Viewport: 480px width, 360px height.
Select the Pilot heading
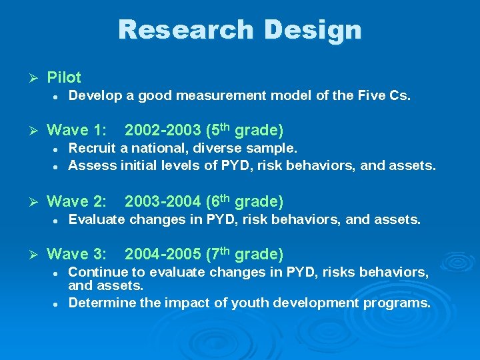[x=64, y=77]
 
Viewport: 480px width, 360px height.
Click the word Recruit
[x=92, y=147]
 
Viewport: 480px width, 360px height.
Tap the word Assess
[x=93, y=165]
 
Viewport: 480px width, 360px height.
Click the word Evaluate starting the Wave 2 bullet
[x=97, y=219]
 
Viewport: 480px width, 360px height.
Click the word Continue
[x=97, y=272]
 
